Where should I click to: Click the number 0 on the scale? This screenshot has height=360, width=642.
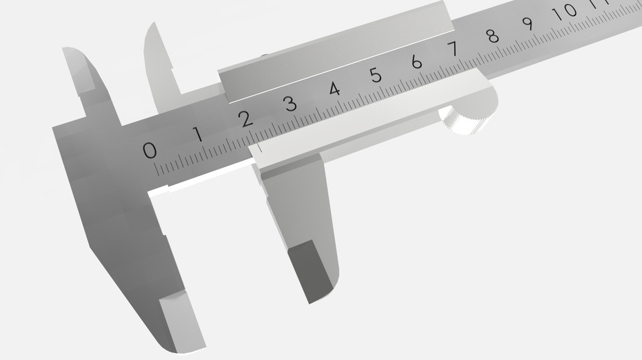click(x=150, y=150)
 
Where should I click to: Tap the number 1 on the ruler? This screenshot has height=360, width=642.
click(x=198, y=134)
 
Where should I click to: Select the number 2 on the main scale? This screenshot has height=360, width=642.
click(x=245, y=119)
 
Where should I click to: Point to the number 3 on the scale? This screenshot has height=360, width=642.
click(x=290, y=104)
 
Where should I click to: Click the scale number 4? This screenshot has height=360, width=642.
click(x=334, y=89)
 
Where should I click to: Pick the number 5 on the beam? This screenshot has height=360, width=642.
click(x=376, y=75)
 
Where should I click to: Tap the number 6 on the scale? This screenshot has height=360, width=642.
click(x=417, y=62)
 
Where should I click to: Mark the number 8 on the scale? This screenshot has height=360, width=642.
click(x=493, y=35)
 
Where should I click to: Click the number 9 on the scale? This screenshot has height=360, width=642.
click(x=528, y=23)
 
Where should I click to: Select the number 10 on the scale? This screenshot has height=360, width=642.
click(x=568, y=11)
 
